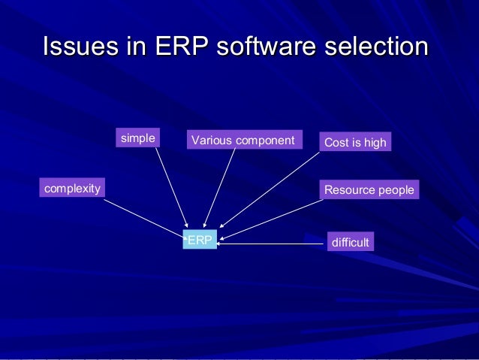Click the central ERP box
coord(200,241)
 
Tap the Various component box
coord(243,140)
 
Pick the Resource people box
coord(369,190)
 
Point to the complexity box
coord(72,188)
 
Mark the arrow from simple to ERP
coord(172,187)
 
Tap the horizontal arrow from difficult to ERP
coord(272,244)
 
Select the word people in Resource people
coord(395,190)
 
